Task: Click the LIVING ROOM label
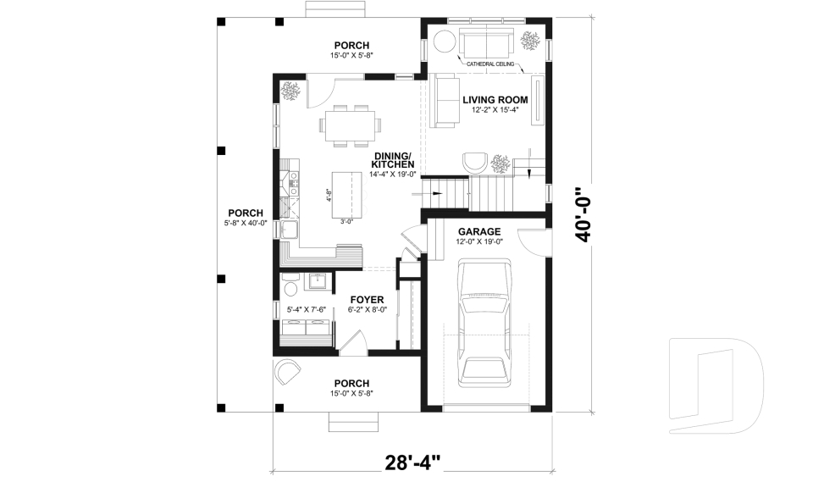495,100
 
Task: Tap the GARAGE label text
479,231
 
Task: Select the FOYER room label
367,300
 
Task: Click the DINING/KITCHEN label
392,160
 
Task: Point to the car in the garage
485,320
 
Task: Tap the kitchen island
345,195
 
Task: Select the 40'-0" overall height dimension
583,215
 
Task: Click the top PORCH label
351,45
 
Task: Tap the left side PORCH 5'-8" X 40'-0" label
245,213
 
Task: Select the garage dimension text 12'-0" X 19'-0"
479,242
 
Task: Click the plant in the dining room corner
290,91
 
